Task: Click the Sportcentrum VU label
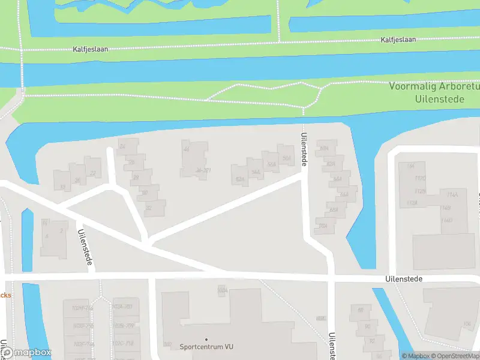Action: click(206, 347)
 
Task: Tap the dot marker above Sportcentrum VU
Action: click(206, 340)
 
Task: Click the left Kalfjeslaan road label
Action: click(91, 49)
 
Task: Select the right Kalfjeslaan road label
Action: click(398, 40)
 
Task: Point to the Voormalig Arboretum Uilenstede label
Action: click(434, 92)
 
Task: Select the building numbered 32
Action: click(148, 208)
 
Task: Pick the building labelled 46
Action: click(187, 149)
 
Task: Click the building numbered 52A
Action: click(240, 179)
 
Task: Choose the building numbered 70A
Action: click(323, 226)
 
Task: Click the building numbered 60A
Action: click(325, 148)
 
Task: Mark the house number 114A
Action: click(452, 194)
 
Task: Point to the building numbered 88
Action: click(361, 310)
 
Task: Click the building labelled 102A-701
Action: click(122, 307)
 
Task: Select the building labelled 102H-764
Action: click(82, 308)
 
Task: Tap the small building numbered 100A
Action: click(223, 290)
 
